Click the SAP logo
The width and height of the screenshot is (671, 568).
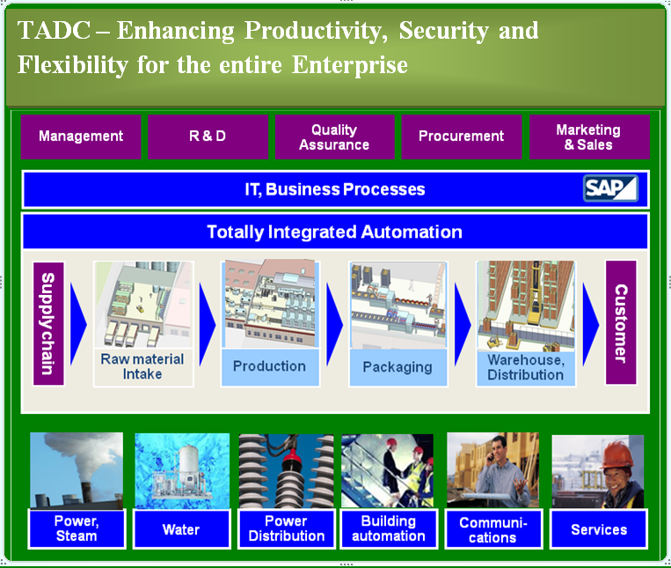610,188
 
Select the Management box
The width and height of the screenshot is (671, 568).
81,136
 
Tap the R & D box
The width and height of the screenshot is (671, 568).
208,136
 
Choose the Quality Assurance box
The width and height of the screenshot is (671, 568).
334,136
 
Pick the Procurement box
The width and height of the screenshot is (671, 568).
462,136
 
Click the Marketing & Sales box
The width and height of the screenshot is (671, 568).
589,136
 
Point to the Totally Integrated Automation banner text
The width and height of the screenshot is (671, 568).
335,232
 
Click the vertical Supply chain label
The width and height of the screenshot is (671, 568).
48,323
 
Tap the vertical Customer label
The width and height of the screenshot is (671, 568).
621,322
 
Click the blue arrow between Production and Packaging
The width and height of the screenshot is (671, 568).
334,324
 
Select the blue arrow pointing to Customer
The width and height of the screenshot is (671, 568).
591,324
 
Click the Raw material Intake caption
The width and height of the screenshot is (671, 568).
142,366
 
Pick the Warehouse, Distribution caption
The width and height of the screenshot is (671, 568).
526,367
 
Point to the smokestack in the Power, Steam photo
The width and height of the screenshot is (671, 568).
86,491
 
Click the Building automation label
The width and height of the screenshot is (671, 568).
389,528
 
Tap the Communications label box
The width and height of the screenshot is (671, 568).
493,529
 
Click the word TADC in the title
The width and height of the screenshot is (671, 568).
54,31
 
